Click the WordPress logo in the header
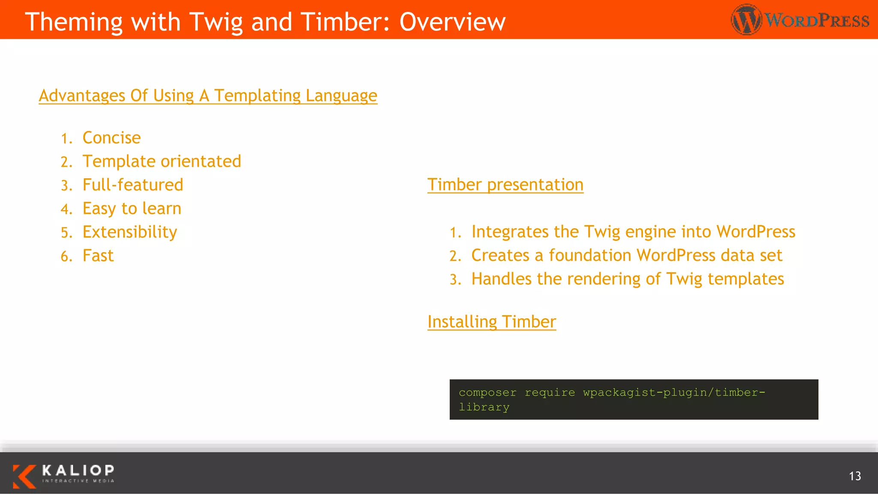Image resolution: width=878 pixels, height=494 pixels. [x=800, y=20]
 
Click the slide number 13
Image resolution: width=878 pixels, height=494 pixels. [x=854, y=476]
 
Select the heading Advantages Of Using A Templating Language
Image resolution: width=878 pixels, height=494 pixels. [x=208, y=95]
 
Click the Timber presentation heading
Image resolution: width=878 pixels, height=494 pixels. [x=505, y=184]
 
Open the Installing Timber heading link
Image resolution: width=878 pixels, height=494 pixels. [x=491, y=322]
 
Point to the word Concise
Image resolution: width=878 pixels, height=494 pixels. [x=111, y=138]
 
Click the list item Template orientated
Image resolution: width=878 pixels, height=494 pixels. [x=162, y=161]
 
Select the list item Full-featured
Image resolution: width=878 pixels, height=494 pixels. [x=132, y=185]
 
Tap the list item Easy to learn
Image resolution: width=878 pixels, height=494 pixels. [x=132, y=208]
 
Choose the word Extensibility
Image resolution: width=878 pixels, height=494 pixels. [x=129, y=232]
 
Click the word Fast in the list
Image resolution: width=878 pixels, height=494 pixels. [x=98, y=256]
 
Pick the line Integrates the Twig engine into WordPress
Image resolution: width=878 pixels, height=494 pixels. [x=633, y=232]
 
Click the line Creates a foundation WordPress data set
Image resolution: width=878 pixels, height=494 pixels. [x=626, y=255]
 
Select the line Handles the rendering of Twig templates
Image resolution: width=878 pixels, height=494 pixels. [x=627, y=279]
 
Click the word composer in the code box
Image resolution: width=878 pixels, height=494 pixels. [x=487, y=392]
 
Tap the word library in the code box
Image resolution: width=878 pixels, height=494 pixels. [x=484, y=407]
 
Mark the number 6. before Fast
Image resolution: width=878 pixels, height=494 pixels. [x=66, y=256]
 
